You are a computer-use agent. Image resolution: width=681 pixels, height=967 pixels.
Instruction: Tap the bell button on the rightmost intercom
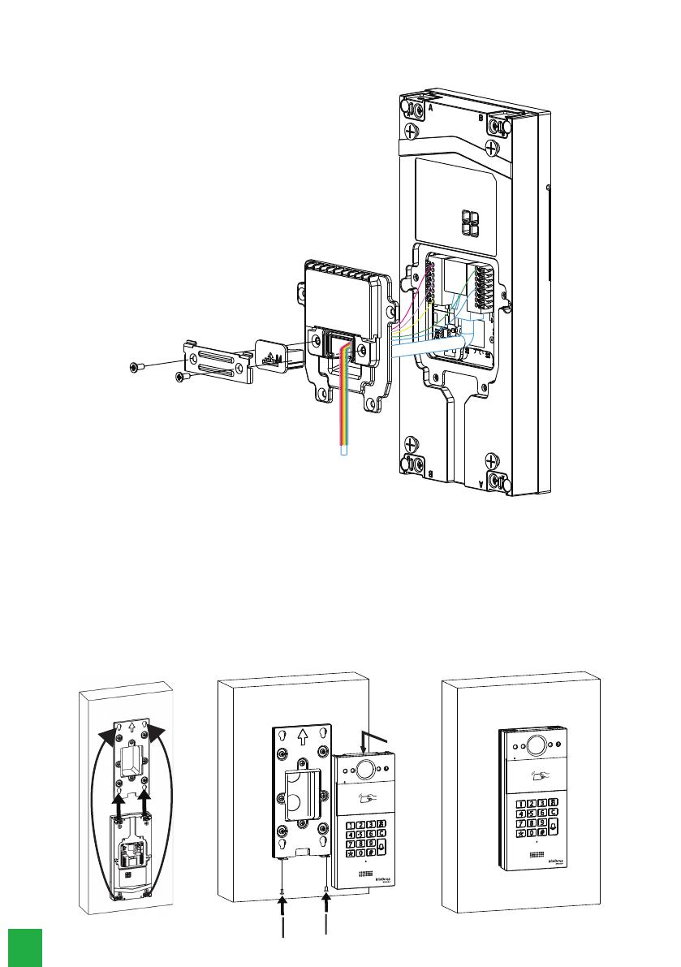coord(554,827)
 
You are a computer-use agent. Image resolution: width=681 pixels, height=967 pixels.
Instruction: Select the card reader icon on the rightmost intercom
coord(537,778)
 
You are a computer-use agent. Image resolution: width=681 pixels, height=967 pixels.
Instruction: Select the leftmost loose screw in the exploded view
coord(136,368)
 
